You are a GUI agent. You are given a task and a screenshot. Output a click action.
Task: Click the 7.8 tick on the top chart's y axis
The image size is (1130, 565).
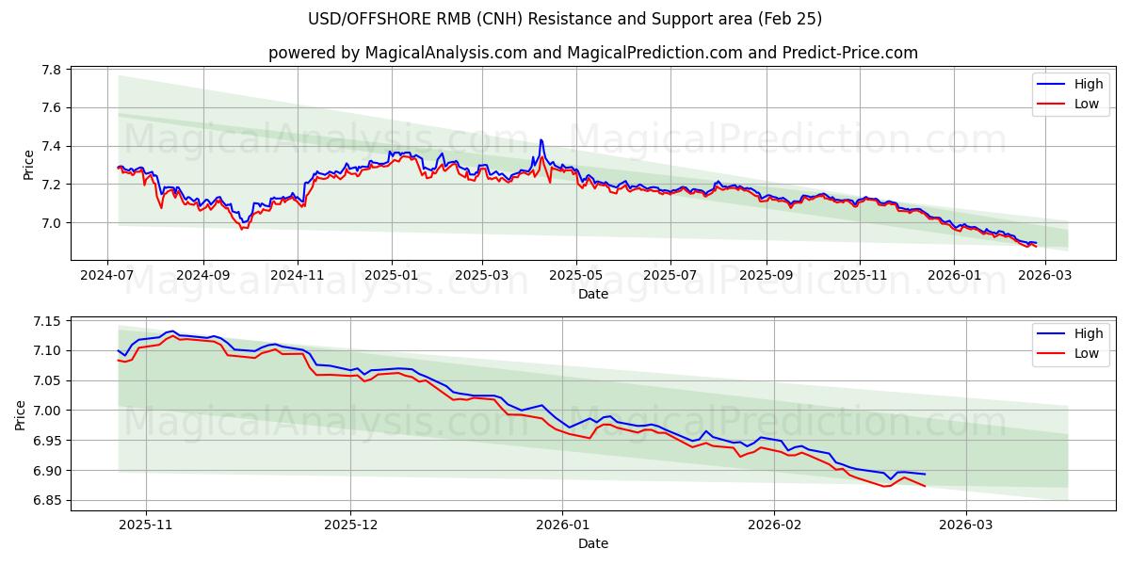click(x=52, y=71)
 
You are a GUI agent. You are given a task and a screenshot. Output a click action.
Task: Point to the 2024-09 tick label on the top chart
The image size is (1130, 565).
click(x=203, y=275)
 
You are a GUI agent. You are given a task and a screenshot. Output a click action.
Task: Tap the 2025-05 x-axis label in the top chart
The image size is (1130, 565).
click(x=575, y=275)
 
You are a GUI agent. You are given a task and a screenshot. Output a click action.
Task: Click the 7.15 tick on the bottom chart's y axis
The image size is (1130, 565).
click(x=47, y=321)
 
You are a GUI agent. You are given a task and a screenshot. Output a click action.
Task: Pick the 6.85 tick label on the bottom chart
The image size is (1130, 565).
click(x=47, y=501)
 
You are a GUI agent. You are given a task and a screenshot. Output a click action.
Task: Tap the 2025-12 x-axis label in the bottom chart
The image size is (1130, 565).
click(x=350, y=525)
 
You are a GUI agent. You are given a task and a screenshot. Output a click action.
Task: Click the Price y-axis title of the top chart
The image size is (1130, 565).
click(x=27, y=165)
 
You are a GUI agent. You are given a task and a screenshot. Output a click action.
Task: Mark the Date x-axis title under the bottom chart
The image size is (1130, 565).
click(x=593, y=543)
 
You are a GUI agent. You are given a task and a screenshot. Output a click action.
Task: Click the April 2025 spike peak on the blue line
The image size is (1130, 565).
click(x=541, y=140)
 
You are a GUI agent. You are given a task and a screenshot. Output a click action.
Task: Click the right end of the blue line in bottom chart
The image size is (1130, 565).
click(x=925, y=474)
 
